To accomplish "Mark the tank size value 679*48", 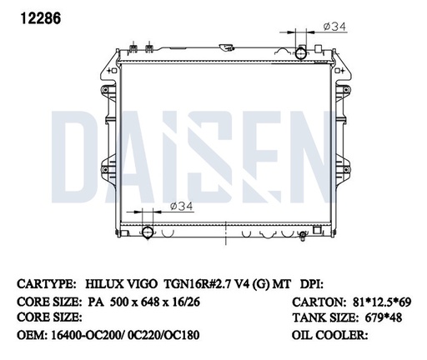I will [x=384, y=317].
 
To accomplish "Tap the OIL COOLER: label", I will [x=329, y=335].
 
